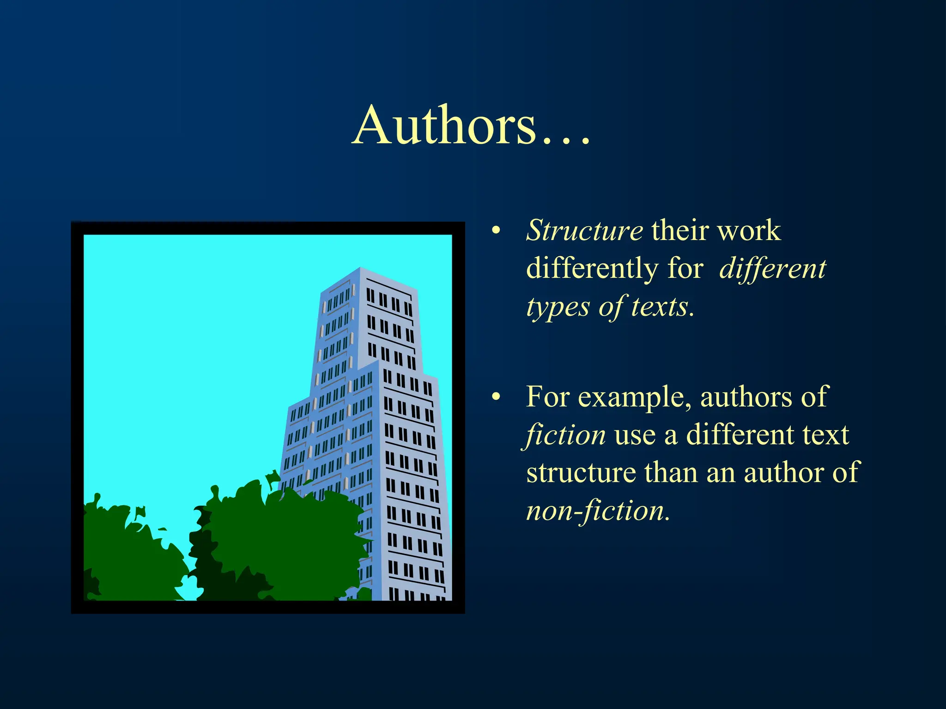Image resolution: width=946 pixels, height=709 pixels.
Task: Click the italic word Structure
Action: point(584,230)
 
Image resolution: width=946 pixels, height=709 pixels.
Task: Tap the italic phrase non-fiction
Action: point(597,511)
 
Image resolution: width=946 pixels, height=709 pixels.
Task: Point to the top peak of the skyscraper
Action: point(360,269)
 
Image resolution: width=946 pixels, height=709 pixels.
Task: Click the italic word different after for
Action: point(773,269)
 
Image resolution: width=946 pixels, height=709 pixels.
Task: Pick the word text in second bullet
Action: point(825,435)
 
